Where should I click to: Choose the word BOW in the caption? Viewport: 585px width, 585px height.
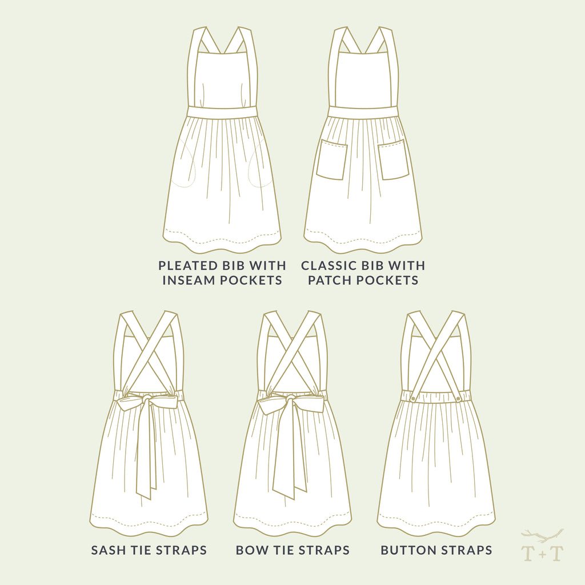pyautogui.click(x=250, y=551)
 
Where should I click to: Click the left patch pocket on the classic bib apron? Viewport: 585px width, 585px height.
pyautogui.click(x=332, y=159)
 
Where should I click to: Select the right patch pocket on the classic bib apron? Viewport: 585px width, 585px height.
pyautogui.click(x=393, y=159)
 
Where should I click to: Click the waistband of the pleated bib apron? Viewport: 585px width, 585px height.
pyautogui.click(x=222, y=113)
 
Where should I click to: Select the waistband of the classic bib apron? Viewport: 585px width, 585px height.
pyautogui.click(x=362, y=113)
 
